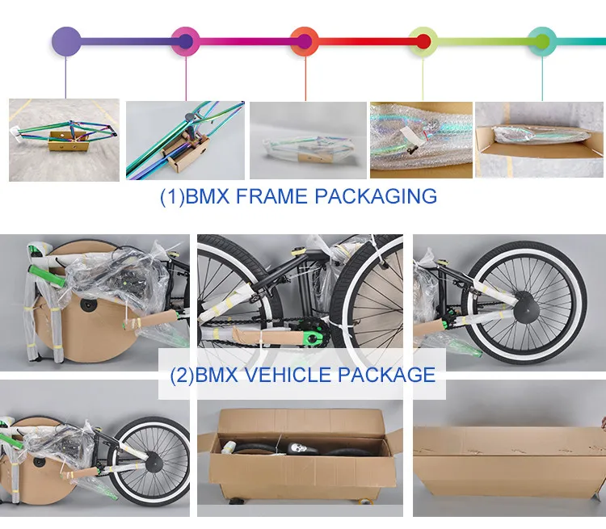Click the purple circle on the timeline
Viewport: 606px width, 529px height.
[66, 40]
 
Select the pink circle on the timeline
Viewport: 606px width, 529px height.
[186, 40]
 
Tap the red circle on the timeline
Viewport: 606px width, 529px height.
[305, 40]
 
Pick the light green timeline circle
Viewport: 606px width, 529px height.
[423, 40]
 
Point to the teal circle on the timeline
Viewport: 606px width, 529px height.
[542, 40]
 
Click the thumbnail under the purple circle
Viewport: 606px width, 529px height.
[64, 139]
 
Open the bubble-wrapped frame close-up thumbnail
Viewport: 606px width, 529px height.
[420, 139]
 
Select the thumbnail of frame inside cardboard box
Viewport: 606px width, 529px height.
[540, 139]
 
